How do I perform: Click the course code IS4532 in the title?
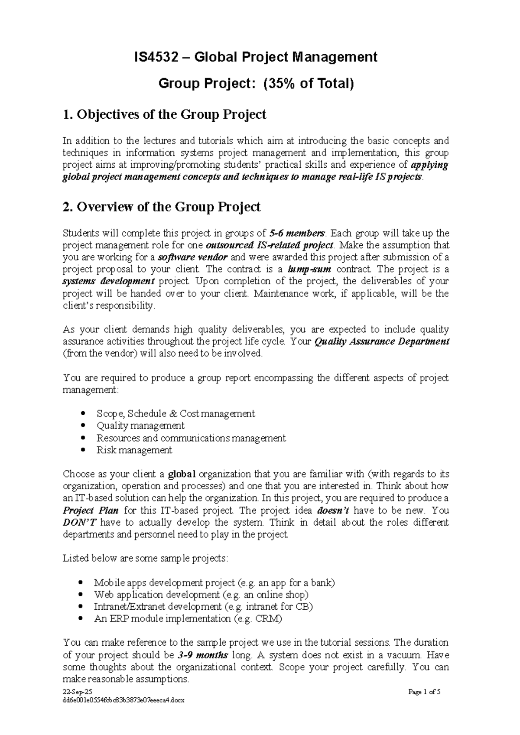[155, 57]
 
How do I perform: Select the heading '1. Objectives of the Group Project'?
[164, 115]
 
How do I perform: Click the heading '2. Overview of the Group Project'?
[162, 207]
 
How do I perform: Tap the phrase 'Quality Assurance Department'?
[381, 341]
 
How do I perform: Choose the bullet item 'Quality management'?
[140, 426]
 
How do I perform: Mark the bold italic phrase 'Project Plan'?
[91, 510]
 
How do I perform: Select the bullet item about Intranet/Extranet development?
[203, 607]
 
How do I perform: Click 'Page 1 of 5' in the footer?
[424, 704]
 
